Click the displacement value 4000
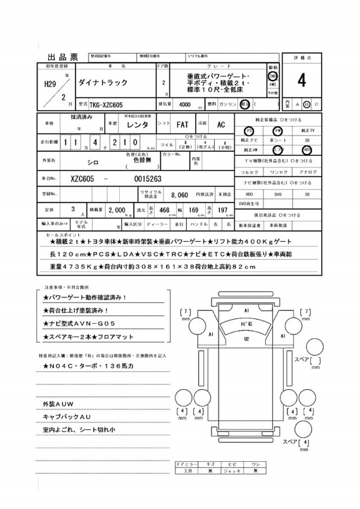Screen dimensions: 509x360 click(x=184, y=105)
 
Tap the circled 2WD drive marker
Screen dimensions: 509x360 click(x=272, y=76)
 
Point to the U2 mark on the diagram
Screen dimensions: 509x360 click(x=246, y=340)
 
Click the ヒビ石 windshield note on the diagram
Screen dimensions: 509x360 click(x=246, y=326)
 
